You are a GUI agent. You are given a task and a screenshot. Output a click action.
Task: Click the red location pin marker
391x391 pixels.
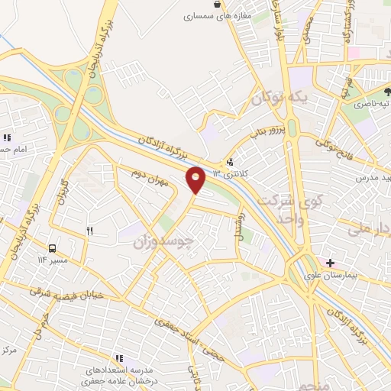[x=196, y=179]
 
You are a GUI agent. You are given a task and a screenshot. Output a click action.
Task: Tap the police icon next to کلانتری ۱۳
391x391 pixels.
[x=230, y=162]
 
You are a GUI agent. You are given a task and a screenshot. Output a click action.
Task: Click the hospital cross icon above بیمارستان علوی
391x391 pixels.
[x=330, y=263]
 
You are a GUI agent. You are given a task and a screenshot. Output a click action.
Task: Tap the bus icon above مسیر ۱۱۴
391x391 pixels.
[x=52, y=248]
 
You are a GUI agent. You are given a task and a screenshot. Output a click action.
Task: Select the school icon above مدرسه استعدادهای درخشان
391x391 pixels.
[x=119, y=357]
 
